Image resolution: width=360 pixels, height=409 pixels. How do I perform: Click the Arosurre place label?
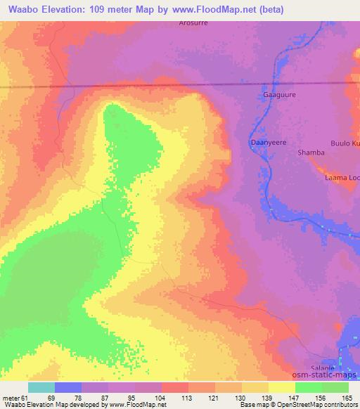(193, 23)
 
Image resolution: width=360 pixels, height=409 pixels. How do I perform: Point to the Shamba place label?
(311, 152)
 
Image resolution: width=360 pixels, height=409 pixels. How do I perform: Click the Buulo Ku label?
(345, 143)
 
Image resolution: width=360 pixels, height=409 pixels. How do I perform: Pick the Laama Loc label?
(342, 178)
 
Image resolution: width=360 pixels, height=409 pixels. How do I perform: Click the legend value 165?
(348, 398)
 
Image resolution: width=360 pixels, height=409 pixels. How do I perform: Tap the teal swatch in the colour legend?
(41, 387)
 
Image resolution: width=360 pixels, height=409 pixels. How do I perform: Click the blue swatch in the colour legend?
(68, 387)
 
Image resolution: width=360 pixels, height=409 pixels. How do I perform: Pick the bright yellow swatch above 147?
(281, 387)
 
